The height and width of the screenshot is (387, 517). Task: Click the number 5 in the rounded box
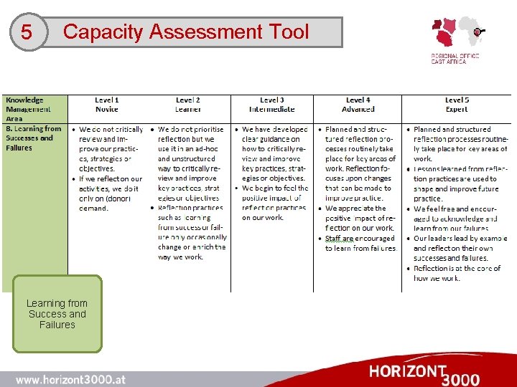pyautogui.click(x=27, y=33)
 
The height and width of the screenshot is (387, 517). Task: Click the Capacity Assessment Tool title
pyautogui.click(x=186, y=32)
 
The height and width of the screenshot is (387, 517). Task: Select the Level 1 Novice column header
pyautogui.click(x=107, y=105)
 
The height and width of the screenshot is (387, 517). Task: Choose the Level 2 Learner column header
pyautogui.click(x=188, y=105)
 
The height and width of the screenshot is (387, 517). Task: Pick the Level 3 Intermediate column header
pyautogui.click(x=272, y=105)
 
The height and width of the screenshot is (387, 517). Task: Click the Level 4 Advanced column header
pyautogui.click(x=358, y=105)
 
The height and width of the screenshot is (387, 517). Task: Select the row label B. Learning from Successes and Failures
pyautogui.click(x=33, y=138)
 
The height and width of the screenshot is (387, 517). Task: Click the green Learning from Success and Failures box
pyautogui.click(x=57, y=314)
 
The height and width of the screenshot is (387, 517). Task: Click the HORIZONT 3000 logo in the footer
pyautogui.click(x=426, y=373)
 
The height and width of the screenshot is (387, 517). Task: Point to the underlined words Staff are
pyautogui.click(x=339, y=239)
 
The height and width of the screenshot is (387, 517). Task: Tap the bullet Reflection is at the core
pyautogui.click(x=460, y=272)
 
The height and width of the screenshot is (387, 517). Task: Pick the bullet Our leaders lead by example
pyautogui.click(x=460, y=248)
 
